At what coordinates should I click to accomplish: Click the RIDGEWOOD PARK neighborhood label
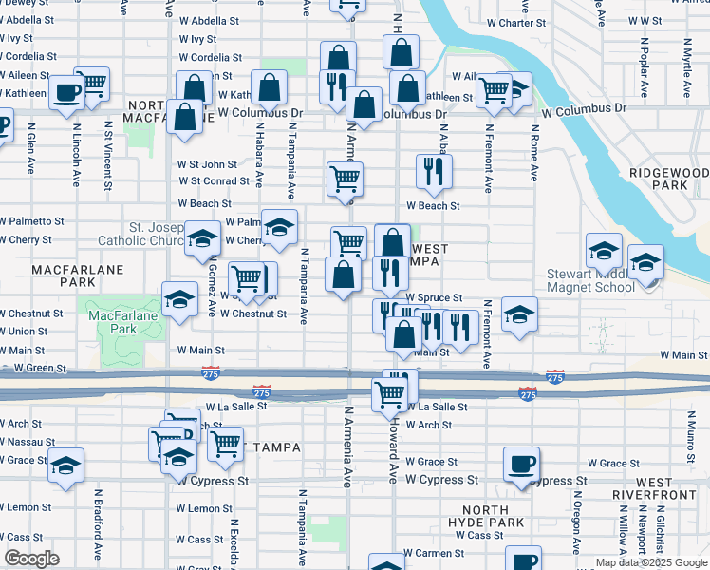(x=669, y=179)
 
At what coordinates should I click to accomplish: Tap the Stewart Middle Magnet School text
(x=589, y=282)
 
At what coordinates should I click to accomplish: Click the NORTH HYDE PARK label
(x=487, y=517)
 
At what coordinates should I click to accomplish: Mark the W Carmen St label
(x=433, y=553)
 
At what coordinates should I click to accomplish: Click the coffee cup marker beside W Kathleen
(x=67, y=93)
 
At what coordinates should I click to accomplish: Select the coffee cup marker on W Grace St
(x=521, y=465)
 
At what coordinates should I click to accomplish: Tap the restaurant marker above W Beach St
(x=434, y=172)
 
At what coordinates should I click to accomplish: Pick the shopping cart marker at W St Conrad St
(x=345, y=179)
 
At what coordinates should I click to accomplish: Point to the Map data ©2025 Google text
(x=651, y=562)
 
